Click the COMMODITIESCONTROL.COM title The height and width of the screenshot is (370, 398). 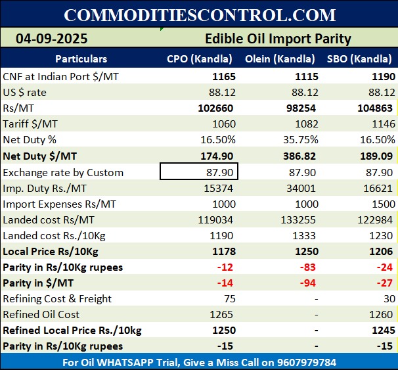[200, 14]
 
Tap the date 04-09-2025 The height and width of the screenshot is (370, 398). [52, 39]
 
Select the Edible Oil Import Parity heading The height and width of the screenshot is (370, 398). [278, 39]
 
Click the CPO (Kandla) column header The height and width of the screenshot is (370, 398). [198, 59]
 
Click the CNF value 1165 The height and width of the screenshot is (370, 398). [224, 76]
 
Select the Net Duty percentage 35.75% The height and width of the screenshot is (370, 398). [301, 139]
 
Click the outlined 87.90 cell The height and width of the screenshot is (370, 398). [199, 172]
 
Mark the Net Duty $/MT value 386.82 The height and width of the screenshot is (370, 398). [301, 156]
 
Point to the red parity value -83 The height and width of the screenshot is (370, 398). [309, 267]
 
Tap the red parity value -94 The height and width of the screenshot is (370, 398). [309, 283]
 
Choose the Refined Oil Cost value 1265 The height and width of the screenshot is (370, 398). [224, 315]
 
